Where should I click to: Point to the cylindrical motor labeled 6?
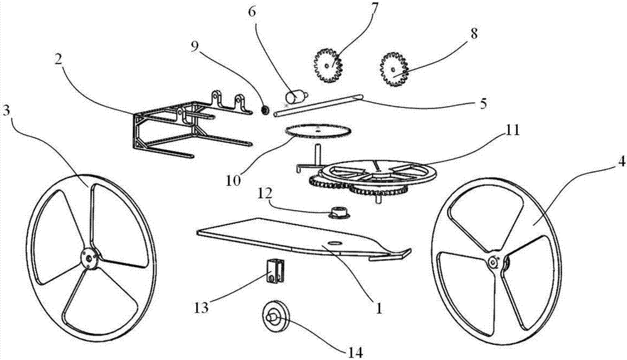coord(294,97)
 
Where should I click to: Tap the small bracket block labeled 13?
coord(274,270)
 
